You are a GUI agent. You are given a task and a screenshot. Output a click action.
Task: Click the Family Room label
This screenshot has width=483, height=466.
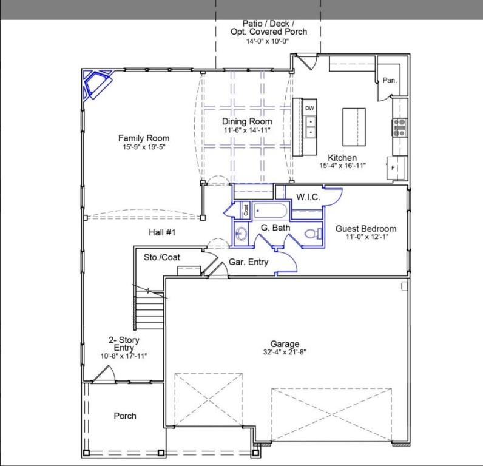(x=144, y=138)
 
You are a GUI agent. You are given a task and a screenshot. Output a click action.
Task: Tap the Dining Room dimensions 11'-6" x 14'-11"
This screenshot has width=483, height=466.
(x=247, y=130)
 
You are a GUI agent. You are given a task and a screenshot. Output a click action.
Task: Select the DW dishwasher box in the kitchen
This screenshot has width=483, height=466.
(x=309, y=108)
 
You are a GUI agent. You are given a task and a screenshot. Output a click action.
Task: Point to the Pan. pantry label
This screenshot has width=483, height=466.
(x=389, y=80)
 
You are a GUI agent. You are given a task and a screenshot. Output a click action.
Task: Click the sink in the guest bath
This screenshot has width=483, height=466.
(x=242, y=234)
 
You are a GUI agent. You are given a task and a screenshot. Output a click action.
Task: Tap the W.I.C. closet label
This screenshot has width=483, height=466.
(x=308, y=197)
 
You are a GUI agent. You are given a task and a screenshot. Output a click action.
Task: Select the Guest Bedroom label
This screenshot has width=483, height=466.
(x=366, y=229)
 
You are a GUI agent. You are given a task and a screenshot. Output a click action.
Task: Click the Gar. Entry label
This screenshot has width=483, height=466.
(x=248, y=262)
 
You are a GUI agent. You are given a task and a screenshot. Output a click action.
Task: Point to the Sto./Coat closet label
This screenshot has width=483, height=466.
(x=162, y=257)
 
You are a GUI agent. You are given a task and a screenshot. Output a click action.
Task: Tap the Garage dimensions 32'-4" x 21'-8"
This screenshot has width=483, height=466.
(x=285, y=351)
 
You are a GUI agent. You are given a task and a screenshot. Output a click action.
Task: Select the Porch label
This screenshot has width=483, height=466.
(x=125, y=416)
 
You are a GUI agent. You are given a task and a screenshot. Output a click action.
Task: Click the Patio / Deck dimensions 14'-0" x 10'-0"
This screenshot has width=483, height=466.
(x=268, y=41)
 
